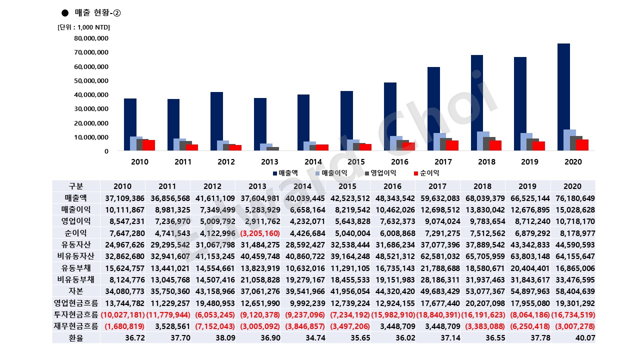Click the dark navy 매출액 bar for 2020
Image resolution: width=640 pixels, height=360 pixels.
pyautogui.click(x=563, y=97)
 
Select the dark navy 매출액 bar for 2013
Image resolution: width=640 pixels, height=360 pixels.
pyautogui.click(x=260, y=124)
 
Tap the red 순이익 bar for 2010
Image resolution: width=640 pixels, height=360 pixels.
pyautogui.click(x=149, y=145)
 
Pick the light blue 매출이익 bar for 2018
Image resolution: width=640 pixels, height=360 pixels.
pyautogui.click(x=483, y=141)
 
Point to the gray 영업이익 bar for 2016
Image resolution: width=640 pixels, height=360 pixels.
pyautogui.click(x=402, y=145)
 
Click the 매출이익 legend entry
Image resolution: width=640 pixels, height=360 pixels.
pyautogui.click(x=331, y=173)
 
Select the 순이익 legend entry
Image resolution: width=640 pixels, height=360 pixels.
pyautogui.click(x=426, y=173)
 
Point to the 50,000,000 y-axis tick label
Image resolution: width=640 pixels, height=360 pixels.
pyautogui.click(x=91, y=81)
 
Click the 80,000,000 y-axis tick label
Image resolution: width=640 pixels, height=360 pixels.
pyautogui.click(x=91, y=38)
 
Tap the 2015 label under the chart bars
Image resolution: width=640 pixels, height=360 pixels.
pyautogui.click(x=356, y=162)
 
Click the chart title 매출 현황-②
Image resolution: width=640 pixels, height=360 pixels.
pyautogui.click(x=97, y=13)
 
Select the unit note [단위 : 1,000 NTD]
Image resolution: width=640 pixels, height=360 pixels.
pyautogui.click(x=83, y=27)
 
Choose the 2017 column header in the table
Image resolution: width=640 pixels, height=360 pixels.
pyautogui.click(x=437, y=186)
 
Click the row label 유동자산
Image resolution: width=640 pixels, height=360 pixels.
pyautogui.click(x=75, y=244)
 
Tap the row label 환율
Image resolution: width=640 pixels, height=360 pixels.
pyautogui.click(x=75, y=338)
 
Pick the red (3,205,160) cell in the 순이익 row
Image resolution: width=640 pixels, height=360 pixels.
pyautogui.click(x=259, y=233)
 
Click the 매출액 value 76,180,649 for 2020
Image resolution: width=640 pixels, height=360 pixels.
pyautogui.click(x=575, y=198)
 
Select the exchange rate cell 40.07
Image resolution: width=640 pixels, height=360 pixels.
pyautogui.click(x=585, y=338)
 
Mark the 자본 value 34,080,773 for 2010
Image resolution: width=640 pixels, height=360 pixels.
pyautogui.click(x=124, y=291)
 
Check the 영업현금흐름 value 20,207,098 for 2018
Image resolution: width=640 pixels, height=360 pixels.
pyautogui.click(x=485, y=303)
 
